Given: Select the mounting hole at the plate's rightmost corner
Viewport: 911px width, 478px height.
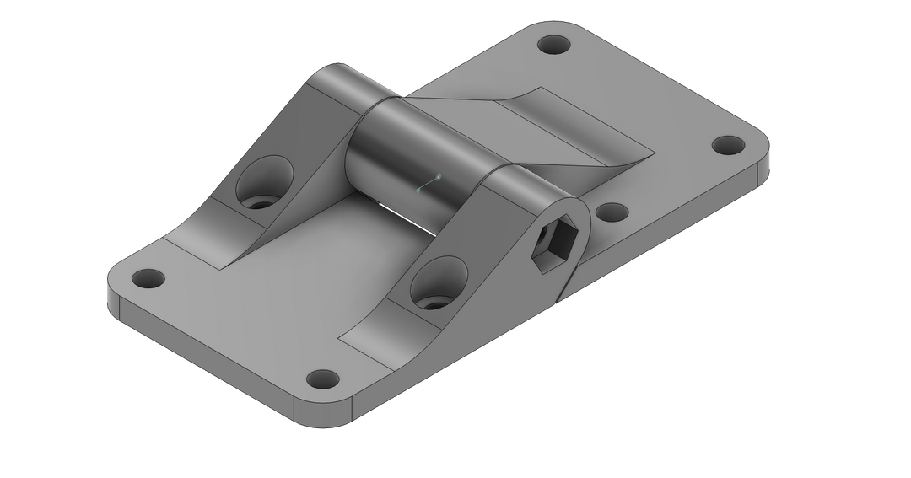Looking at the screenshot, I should [x=725, y=144].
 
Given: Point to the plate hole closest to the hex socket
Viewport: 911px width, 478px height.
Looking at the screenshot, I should [x=613, y=212].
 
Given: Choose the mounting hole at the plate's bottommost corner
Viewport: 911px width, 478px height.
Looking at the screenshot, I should [x=321, y=379].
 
